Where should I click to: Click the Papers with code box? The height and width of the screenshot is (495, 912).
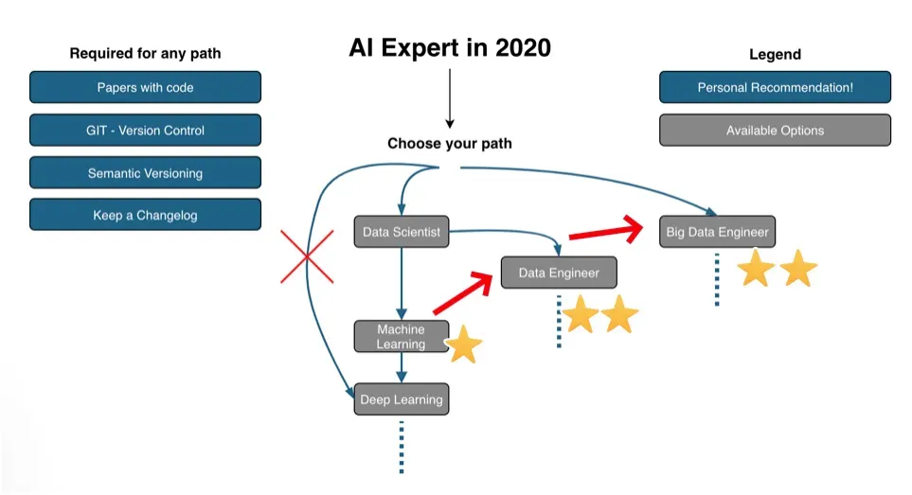146,87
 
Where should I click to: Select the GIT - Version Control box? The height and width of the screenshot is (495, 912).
146,131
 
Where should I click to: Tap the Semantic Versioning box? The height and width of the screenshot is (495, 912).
146,172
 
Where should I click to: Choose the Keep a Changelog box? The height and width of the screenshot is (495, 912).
146,215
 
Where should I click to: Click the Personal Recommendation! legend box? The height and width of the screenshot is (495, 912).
776,87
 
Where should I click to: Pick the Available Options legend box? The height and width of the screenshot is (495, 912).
776,131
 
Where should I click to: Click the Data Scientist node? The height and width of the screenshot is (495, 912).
402,232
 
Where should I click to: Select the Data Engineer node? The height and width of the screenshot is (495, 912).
559,273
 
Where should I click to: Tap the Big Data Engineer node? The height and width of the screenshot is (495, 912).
717,232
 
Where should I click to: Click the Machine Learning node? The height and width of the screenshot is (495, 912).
402,336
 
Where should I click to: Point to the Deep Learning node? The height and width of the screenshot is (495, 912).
402,399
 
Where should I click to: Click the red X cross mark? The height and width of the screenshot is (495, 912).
307,256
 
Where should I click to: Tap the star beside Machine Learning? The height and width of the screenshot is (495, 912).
463,345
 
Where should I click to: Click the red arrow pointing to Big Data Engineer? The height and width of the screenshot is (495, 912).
606,231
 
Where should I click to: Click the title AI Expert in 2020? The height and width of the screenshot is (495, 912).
450,47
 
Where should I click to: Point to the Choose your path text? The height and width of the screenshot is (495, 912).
450,144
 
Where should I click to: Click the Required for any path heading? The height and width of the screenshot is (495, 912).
146,53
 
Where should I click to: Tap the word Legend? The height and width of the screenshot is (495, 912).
776,54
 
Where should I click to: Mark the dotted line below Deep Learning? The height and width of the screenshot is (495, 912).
402,447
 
